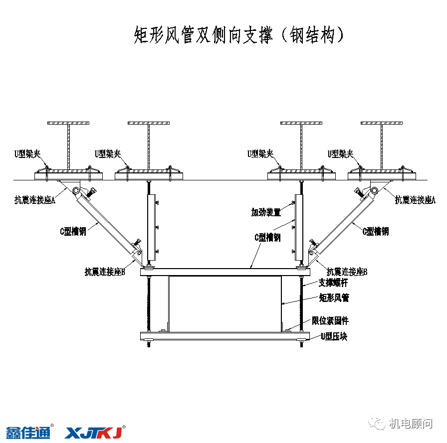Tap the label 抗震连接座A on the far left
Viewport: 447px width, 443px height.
pos(34,200)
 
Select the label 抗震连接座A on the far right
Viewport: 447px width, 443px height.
pos(415,200)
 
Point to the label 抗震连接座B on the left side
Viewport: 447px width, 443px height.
pos(104,272)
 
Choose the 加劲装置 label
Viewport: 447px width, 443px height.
pos(265,213)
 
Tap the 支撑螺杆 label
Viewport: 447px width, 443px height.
pos(333,283)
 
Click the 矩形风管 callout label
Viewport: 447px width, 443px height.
pos(334,298)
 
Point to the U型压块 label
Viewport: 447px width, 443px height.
pos(334,337)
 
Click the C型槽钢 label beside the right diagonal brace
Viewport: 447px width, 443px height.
pos(375,231)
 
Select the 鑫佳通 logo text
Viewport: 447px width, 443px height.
pos(28,432)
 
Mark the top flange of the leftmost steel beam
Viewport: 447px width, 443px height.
pos(68,123)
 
